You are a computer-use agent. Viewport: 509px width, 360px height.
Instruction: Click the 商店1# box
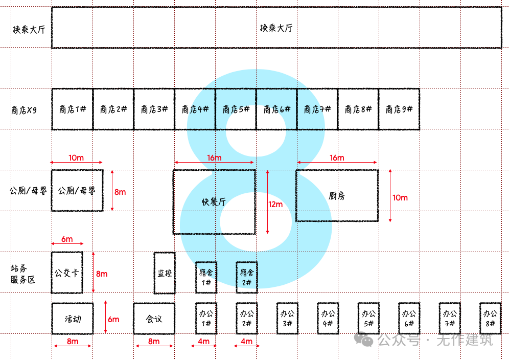pos(72,109)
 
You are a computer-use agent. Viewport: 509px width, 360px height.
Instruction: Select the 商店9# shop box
pos(399,109)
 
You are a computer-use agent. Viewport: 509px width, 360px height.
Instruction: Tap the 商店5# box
pos(236,109)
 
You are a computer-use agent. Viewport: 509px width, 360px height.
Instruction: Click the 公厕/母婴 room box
pos(77,190)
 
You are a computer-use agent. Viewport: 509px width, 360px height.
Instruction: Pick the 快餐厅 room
pos(214,202)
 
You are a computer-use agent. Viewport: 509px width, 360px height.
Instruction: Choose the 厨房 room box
pos(337,195)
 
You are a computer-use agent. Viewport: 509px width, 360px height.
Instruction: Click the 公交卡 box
pos(67,273)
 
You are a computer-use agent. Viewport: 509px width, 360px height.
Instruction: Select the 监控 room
pos(165,273)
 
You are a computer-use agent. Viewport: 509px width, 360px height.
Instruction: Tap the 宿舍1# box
pos(206,277)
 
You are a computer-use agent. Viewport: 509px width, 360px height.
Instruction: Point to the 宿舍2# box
pos(247,277)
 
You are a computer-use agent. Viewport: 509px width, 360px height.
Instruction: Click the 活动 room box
pos(72,319)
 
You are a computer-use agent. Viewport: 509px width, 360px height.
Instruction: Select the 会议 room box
pos(154,319)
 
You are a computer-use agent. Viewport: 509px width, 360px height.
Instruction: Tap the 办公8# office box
pos(490,319)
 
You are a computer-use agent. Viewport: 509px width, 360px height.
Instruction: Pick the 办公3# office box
pos(287,319)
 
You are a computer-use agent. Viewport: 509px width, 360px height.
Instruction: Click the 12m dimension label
pos(275,205)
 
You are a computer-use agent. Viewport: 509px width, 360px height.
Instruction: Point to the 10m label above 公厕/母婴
pos(76,157)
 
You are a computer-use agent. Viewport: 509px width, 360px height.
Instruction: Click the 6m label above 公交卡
pos(67,239)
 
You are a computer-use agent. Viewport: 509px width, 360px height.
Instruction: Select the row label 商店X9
pos(24,109)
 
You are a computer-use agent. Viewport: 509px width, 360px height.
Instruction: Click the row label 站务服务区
pos(23,274)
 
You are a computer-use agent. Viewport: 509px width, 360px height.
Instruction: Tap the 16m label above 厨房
pos(337,157)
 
